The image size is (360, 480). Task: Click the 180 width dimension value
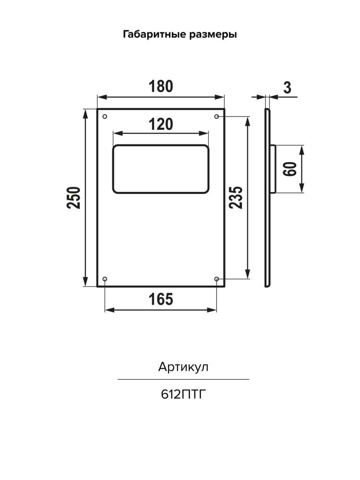pyautogui.click(x=161, y=86)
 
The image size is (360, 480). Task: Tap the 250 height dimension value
pyautogui.click(x=73, y=197)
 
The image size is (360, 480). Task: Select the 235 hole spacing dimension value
pyautogui.click(x=236, y=197)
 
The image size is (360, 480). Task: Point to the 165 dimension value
pyautogui.click(x=161, y=299)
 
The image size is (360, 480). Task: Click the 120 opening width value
pyautogui.click(x=161, y=124)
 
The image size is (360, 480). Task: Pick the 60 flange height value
pyautogui.click(x=290, y=168)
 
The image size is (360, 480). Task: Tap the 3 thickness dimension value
pyautogui.click(x=287, y=88)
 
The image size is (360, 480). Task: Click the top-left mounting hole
pyautogui.click(x=105, y=117)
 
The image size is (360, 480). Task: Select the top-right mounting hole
pyautogui.click(x=217, y=117)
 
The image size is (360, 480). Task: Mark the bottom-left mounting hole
pyautogui.click(x=105, y=279)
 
